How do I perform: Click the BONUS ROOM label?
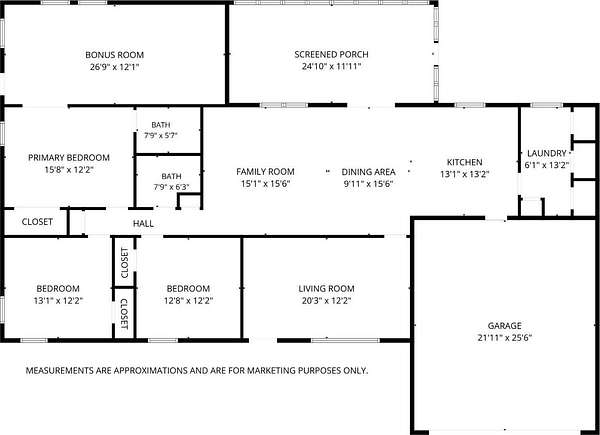(x=114, y=55)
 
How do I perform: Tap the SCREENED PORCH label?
(x=331, y=54)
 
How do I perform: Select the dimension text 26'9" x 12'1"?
(x=114, y=67)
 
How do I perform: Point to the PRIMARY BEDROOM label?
(x=69, y=157)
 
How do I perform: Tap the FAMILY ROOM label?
(x=265, y=171)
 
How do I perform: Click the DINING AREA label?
(x=368, y=172)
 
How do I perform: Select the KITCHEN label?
(x=465, y=162)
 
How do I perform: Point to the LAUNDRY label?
(x=546, y=153)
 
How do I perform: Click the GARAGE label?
(x=504, y=326)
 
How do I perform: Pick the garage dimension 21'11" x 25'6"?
(x=504, y=338)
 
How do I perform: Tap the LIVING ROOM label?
(x=326, y=288)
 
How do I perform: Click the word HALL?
(x=143, y=223)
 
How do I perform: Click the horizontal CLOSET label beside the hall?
(x=37, y=222)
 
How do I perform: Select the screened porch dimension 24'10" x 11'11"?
(x=331, y=67)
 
